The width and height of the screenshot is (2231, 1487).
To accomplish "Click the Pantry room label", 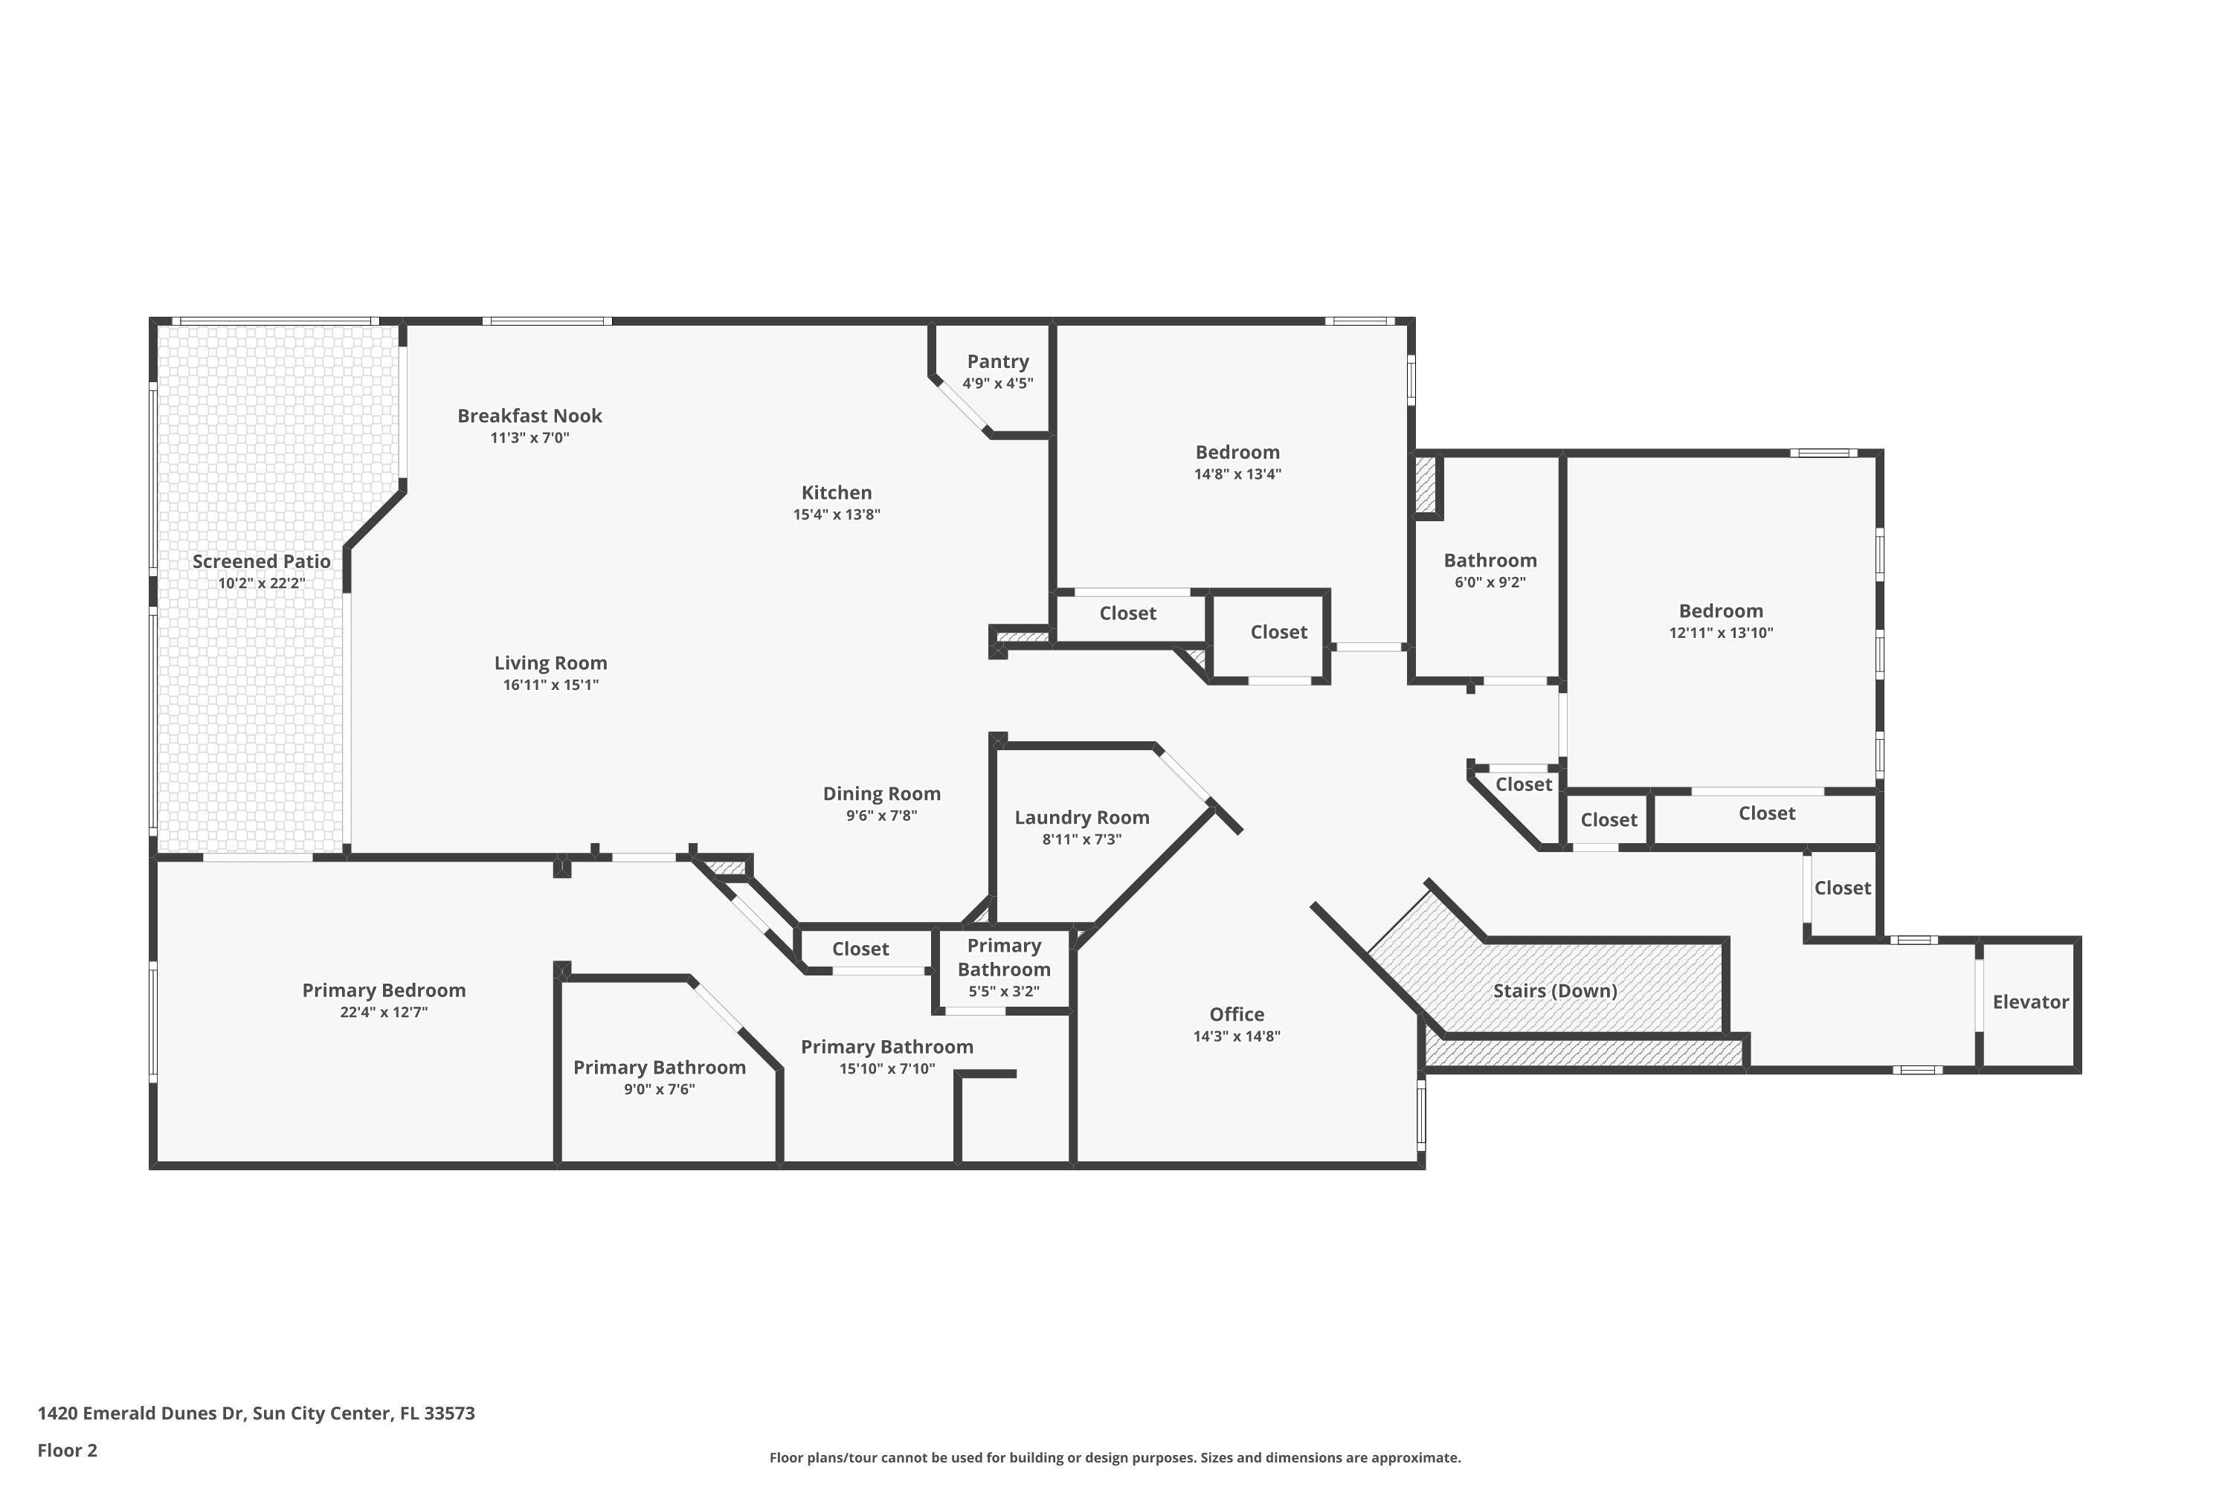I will [997, 361].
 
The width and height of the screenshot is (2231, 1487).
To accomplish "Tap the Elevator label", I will [2030, 1001].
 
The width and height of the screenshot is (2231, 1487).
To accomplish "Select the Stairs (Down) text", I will [1555, 991].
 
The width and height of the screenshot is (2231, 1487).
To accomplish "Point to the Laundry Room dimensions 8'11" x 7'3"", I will [1081, 839].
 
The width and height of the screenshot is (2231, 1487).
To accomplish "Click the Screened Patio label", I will [261, 561].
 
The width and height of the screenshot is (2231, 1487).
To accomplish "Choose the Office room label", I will [1236, 1015].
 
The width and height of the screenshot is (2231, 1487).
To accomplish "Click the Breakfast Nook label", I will [529, 416].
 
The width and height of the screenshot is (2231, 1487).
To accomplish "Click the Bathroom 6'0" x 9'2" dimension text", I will [1490, 582].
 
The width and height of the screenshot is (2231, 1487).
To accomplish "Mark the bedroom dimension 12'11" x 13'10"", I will [1721, 633].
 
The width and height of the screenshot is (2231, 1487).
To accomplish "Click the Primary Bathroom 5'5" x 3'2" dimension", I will [1003, 992].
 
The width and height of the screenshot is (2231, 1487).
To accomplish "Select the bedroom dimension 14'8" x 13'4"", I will [1237, 474].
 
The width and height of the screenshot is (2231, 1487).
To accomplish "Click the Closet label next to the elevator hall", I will [1842, 888].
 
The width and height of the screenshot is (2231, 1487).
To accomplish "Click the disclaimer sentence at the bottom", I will [1115, 1457].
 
